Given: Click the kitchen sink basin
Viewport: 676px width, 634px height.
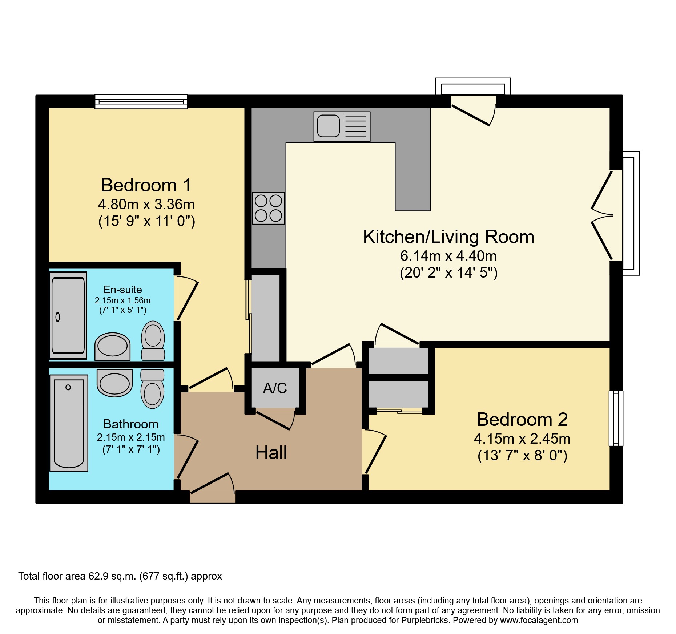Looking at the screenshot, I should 328,126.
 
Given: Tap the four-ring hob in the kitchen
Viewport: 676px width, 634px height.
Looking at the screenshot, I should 269,208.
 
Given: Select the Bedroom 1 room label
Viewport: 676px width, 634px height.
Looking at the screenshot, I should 146,185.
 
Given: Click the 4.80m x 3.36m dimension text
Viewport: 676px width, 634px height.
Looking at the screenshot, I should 146,205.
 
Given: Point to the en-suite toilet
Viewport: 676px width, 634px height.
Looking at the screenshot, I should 153,341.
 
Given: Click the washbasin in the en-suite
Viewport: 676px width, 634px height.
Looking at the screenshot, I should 113,346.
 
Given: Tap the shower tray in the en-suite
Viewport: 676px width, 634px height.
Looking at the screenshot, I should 68,315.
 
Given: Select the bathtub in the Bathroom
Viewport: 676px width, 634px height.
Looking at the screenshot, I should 69,423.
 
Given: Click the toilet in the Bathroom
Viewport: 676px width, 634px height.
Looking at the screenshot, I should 152,389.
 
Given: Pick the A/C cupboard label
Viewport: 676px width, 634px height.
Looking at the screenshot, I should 275,388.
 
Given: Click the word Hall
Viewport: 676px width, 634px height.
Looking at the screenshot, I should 271,453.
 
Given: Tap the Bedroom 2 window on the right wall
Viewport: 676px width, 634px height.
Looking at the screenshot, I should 616,418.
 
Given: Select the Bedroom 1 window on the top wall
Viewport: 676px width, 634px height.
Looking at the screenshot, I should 141,102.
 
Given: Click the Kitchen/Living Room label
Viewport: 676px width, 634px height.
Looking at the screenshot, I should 448,237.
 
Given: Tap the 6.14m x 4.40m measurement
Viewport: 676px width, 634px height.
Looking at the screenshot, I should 448,256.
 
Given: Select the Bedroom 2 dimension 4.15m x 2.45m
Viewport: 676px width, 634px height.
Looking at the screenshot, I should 522,439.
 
